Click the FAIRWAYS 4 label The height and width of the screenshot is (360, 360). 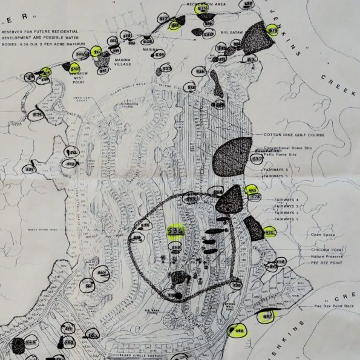[x=287, y=199]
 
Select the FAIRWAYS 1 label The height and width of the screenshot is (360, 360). [x=287, y=219]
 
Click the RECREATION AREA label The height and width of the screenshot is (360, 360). [x=206, y=4]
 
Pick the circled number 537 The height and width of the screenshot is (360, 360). [x=257, y=159]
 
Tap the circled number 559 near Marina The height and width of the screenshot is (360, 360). [x=159, y=55]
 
